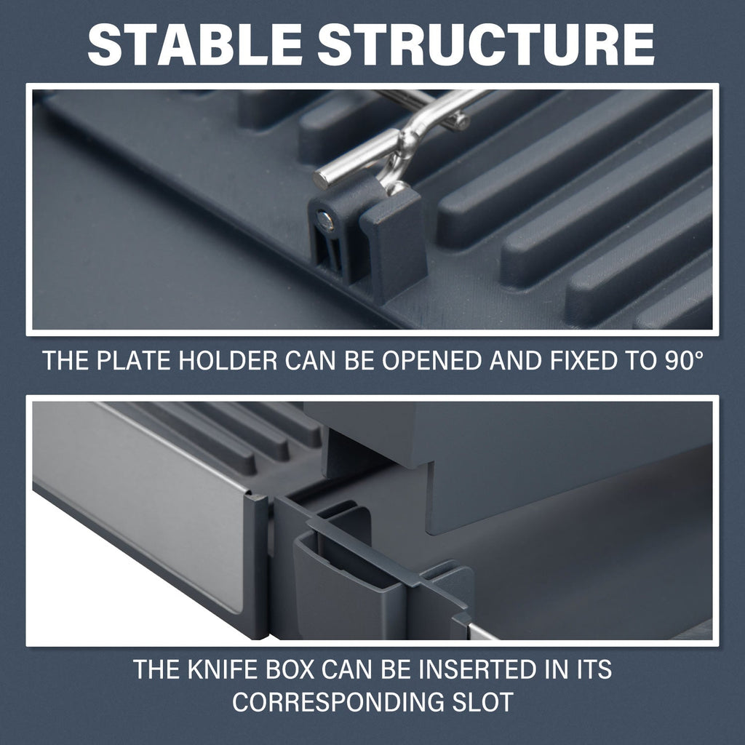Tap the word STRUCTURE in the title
485,44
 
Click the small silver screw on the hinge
325,220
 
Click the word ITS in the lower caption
592,669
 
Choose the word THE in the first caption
65,360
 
